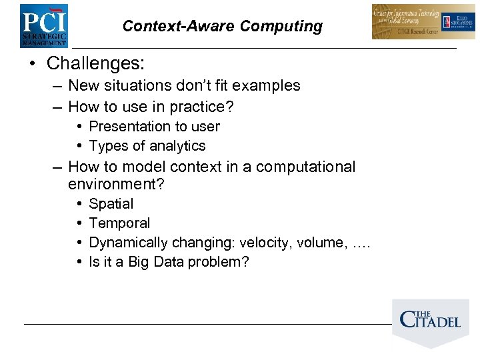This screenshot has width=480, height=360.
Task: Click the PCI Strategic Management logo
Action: pos(43,25)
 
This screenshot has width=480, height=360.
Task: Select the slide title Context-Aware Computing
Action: pos(222,26)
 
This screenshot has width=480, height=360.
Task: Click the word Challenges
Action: pos(95,63)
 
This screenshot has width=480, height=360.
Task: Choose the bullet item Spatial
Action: pos(111,204)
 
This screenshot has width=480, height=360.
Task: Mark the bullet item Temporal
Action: pos(119,223)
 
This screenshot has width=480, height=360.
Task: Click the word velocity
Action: pos(261,243)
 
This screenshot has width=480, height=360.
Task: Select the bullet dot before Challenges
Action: pos(33,64)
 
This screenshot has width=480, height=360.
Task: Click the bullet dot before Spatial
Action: pos(79,204)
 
